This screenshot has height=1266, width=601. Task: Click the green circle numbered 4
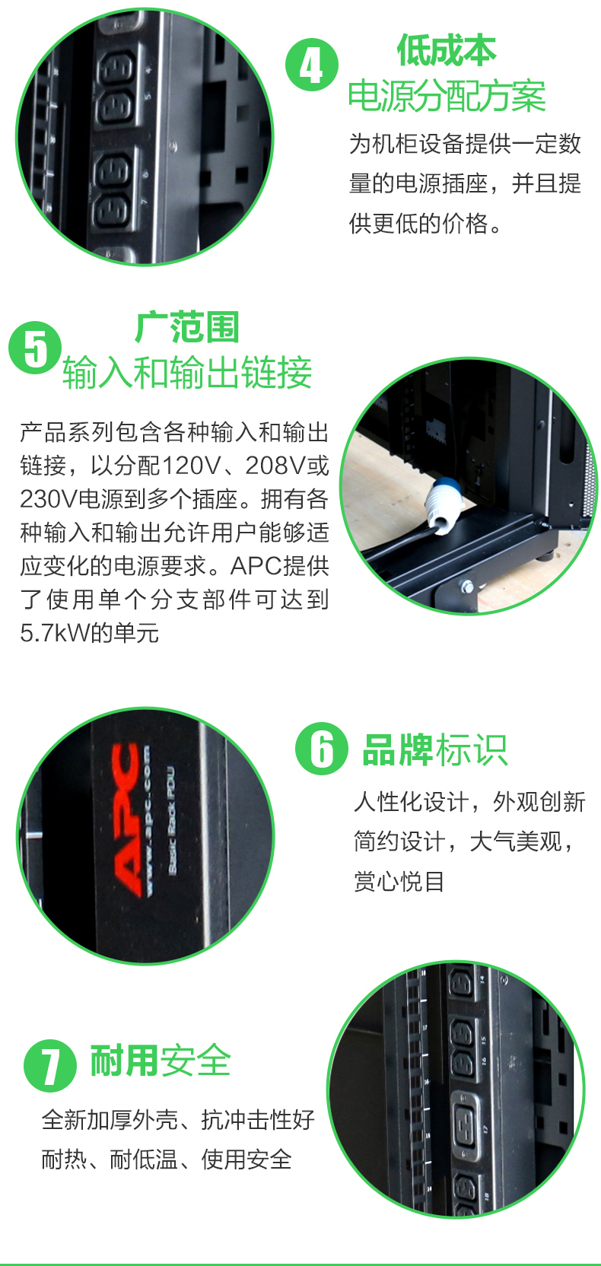311,65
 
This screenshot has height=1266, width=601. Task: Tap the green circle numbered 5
35,348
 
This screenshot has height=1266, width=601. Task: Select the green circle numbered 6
322,749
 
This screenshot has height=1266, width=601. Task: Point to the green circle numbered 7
50,1065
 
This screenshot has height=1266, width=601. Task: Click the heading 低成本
446,49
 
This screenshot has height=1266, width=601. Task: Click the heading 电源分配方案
447,96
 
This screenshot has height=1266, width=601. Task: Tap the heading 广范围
186,326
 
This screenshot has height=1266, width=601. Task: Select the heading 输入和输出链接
187,373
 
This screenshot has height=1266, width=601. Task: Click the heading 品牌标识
435,749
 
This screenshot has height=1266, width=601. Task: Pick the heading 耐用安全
161,1061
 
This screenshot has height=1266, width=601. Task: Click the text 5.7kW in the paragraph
54,633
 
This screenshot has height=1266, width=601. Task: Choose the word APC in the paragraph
256,566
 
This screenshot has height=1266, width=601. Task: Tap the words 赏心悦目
399,881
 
